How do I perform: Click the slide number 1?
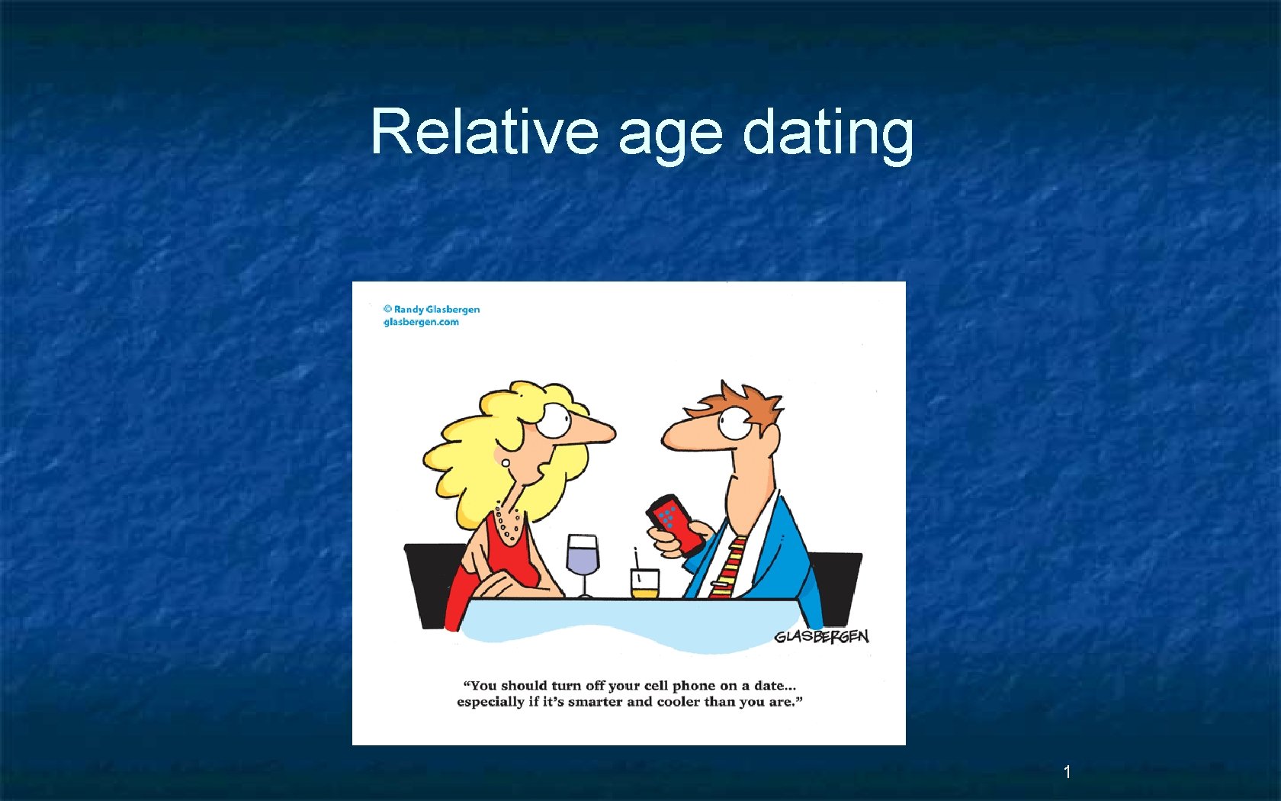(1067, 772)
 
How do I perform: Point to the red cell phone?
(676, 523)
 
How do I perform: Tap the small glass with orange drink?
(644, 583)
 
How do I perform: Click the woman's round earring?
(505, 462)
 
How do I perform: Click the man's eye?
(735, 421)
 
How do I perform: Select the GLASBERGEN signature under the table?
(821, 636)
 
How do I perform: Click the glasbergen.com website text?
(421, 322)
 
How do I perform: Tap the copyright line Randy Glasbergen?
(432, 309)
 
